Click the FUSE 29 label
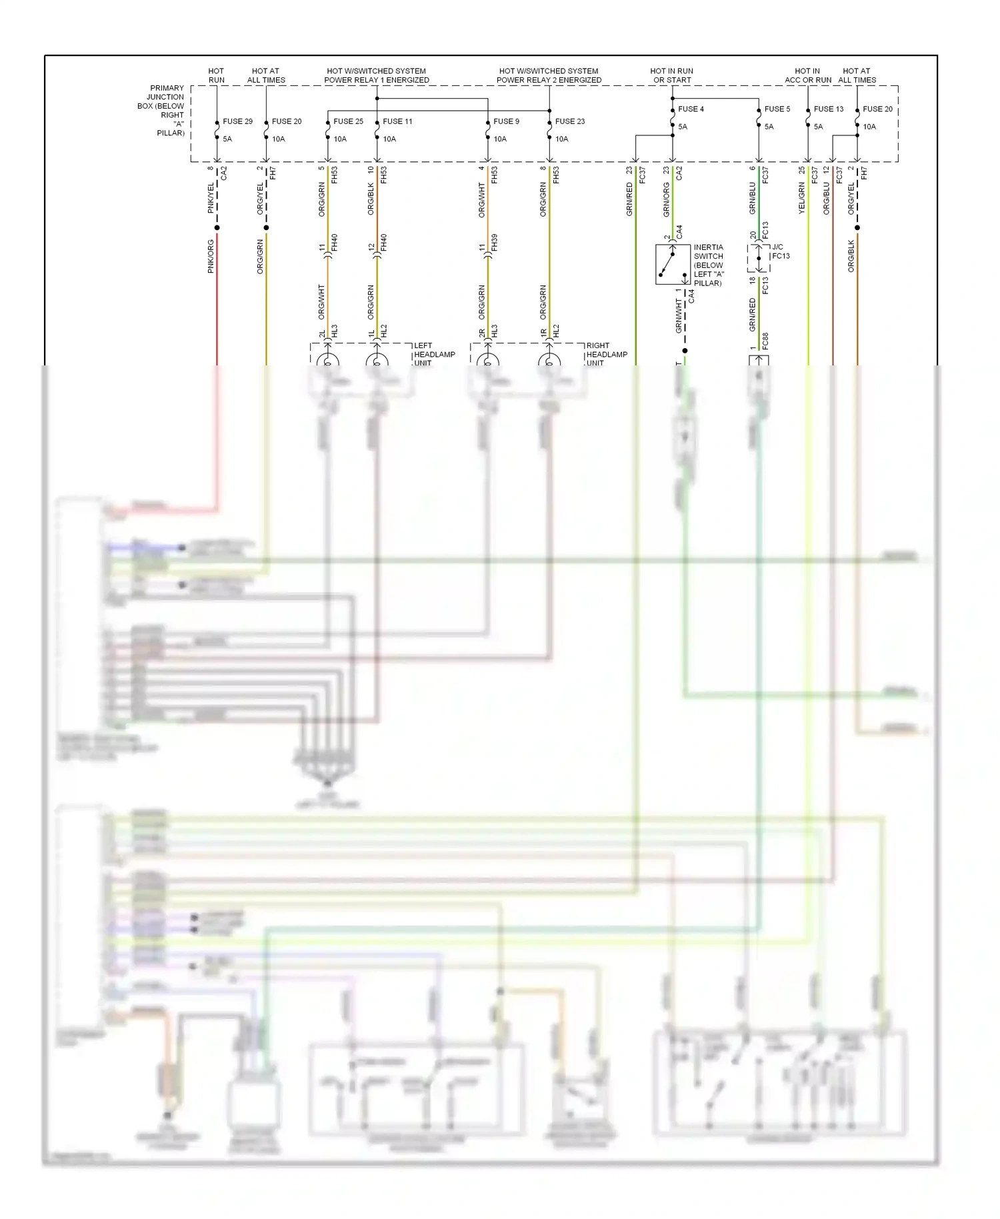pyautogui.click(x=237, y=121)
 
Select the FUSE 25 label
pyautogui.click(x=348, y=121)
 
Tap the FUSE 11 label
pyautogui.click(x=397, y=121)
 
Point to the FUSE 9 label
pyautogui.click(x=506, y=121)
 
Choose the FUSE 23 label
pyautogui.click(x=569, y=121)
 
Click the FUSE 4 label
pyautogui.click(x=691, y=109)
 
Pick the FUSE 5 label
pyautogui.click(x=777, y=109)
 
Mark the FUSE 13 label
pyautogui.click(x=828, y=109)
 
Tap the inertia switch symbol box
pyautogui.click(x=672, y=265)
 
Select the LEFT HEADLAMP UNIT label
pyautogui.click(x=434, y=354)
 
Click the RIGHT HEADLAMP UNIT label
pyautogui.click(x=606, y=354)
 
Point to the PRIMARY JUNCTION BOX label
pyautogui.click(x=163, y=110)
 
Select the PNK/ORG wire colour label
pyautogui.click(x=211, y=257)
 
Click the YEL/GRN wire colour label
pyautogui.click(x=802, y=198)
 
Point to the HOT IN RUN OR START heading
pyautogui.click(x=671, y=75)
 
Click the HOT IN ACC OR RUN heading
pyautogui.click(x=807, y=75)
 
